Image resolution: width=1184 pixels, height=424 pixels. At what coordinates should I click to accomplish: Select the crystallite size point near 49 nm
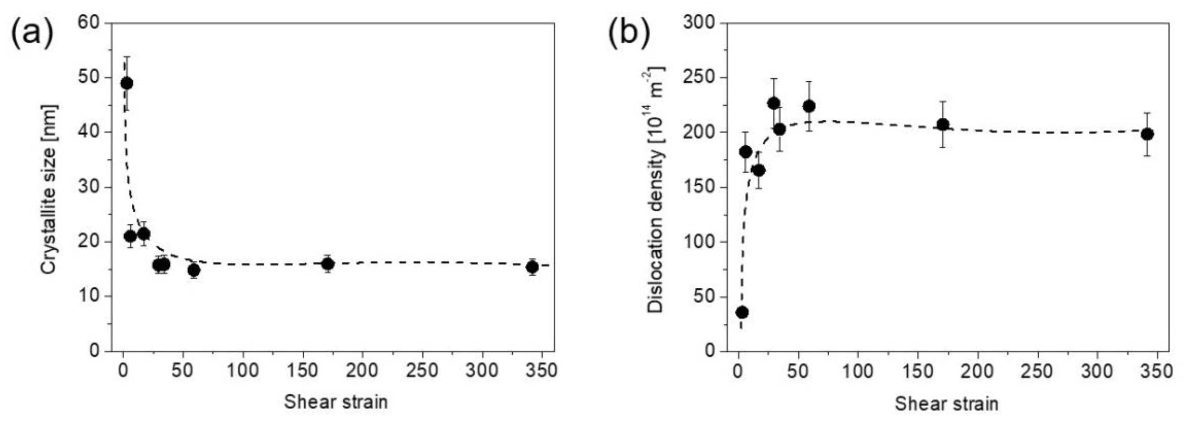coord(126,83)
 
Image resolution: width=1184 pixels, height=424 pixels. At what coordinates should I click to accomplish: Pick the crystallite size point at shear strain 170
coord(328,264)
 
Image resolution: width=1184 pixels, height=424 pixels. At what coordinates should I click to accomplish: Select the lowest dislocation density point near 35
coord(742,312)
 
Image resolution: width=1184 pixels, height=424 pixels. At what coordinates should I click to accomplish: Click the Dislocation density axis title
coord(656,190)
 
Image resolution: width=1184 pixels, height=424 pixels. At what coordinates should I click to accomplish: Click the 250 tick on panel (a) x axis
coord(422,370)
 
